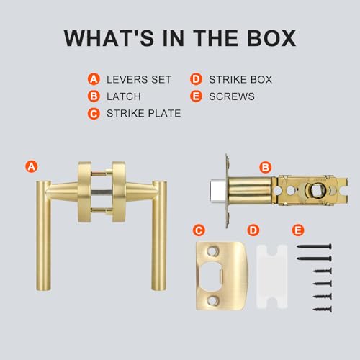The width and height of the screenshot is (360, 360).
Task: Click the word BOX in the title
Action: pyautogui.click(x=271, y=38)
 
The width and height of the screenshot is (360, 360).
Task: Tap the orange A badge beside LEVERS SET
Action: pyautogui.click(x=94, y=79)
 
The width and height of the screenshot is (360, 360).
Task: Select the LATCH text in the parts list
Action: pyautogui.click(x=124, y=96)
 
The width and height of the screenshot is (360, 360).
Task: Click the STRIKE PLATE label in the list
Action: pyautogui.click(x=143, y=113)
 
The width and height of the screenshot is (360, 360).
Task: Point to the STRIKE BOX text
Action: pyautogui.click(x=240, y=79)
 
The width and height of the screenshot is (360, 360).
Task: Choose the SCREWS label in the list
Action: pyautogui.click(x=232, y=96)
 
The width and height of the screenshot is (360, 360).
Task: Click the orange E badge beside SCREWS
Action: pyautogui.click(x=196, y=96)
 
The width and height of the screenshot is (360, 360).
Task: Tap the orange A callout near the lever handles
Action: pyautogui.click(x=32, y=166)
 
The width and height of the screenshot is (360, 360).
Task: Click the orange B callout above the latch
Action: pyautogui.click(x=266, y=167)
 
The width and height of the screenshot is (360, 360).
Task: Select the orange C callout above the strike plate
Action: pyautogui.click(x=199, y=230)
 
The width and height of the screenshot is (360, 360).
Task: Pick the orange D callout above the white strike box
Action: pyautogui.click(x=253, y=230)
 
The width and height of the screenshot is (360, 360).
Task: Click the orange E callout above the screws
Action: pyautogui.click(x=298, y=230)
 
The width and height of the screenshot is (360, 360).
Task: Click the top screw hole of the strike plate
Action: pyautogui.click(x=212, y=251)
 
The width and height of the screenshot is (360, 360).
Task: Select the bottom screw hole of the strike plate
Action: pyautogui.click(x=212, y=300)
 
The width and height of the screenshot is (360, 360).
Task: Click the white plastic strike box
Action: pyautogui.click(x=272, y=276)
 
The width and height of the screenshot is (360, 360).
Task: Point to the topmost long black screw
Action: pyautogui.click(x=315, y=246)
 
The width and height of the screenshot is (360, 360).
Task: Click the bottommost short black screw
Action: pyautogui.click(x=323, y=309)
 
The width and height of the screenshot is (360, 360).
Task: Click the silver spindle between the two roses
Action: pyautogui.click(x=102, y=192)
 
